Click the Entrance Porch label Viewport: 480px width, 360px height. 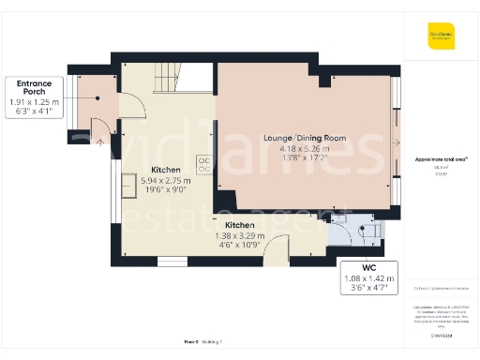pos(33,86)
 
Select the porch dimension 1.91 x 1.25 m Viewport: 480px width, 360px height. pos(33,102)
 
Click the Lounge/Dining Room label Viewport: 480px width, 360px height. pos(305,138)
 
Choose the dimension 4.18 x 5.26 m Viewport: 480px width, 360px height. pos(305,147)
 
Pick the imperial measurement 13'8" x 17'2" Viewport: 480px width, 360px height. pos(305,157)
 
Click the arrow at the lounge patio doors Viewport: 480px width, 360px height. pos(399,142)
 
